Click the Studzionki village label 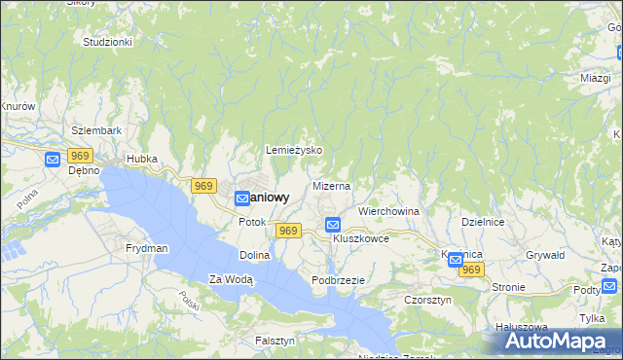point(107,43)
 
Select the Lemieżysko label point(294,151)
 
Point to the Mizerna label point(331,185)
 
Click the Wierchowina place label point(388,210)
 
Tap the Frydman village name point(146,249)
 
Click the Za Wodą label point(231,279)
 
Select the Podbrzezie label point(338,280)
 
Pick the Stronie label point(509,288)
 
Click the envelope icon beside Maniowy point(242,198)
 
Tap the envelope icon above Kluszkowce point(333,225)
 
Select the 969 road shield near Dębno point(80,157)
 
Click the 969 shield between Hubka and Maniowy point(203,186)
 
